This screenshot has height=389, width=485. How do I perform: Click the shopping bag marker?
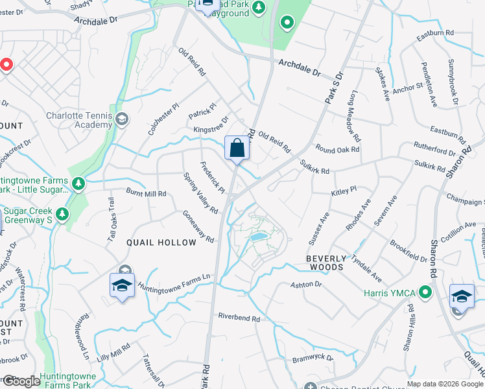point(237,148)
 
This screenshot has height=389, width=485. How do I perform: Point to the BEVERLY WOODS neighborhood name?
point(333,263)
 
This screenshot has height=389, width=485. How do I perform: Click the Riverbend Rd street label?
point(239,318)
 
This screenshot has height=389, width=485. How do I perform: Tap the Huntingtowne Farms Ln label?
point(174,282)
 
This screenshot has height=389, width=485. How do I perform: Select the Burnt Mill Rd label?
point(146,193)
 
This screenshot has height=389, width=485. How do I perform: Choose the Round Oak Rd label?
point(337,150)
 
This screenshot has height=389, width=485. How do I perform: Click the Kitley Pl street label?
point(344,191)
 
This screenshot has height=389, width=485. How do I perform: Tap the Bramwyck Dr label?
point(312,358)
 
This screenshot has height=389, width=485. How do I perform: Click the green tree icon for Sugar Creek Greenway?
point(62,214)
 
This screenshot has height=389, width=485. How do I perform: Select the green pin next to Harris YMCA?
point(425,293)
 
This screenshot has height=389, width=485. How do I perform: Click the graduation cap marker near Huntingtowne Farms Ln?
point(122,285)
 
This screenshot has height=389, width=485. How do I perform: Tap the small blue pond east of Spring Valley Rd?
point(257,237)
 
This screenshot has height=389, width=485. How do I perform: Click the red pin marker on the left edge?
point(5,65)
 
